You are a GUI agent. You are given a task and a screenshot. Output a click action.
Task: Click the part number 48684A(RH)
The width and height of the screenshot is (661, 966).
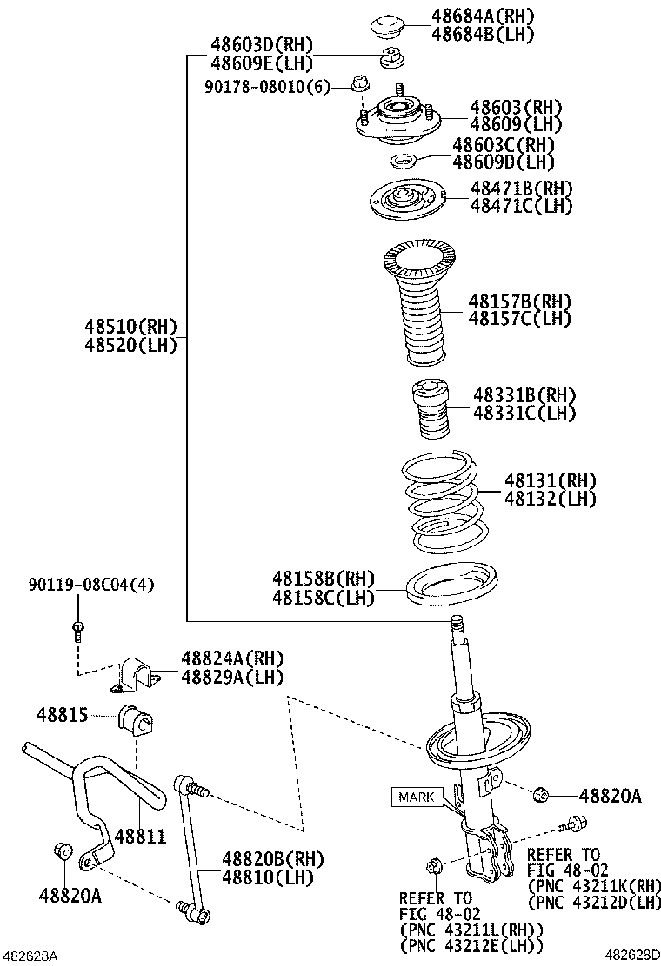tap(483, 16)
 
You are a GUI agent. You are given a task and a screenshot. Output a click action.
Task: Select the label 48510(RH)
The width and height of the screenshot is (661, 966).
tap(130, 327)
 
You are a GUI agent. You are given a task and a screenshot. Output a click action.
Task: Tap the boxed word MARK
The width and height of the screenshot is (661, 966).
tap(416, 796)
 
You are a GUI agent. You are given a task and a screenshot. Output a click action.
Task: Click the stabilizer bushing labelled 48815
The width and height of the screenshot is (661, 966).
tap(135, 718)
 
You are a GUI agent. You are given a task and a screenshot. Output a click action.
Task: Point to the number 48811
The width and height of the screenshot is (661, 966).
tap(140, 836)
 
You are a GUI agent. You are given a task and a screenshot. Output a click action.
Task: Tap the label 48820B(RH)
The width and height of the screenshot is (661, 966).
tap(259, 858)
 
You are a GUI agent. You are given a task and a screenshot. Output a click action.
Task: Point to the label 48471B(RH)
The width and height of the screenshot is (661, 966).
tap(521, 188)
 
